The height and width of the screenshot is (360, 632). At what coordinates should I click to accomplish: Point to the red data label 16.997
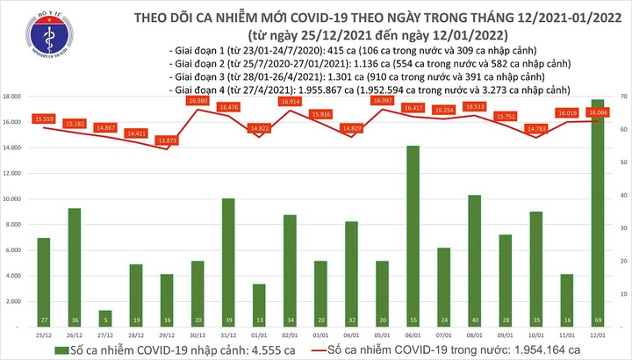coord(382,101)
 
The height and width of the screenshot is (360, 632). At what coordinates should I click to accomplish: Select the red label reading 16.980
coord(197,101)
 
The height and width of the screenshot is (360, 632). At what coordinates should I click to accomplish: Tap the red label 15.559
coord(44,118)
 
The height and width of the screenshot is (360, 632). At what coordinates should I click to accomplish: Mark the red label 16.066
coord(600,113)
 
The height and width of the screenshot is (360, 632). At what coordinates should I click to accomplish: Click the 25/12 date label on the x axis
coord(44,335)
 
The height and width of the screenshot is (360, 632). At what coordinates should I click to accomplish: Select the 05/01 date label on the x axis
coord(382,335)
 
